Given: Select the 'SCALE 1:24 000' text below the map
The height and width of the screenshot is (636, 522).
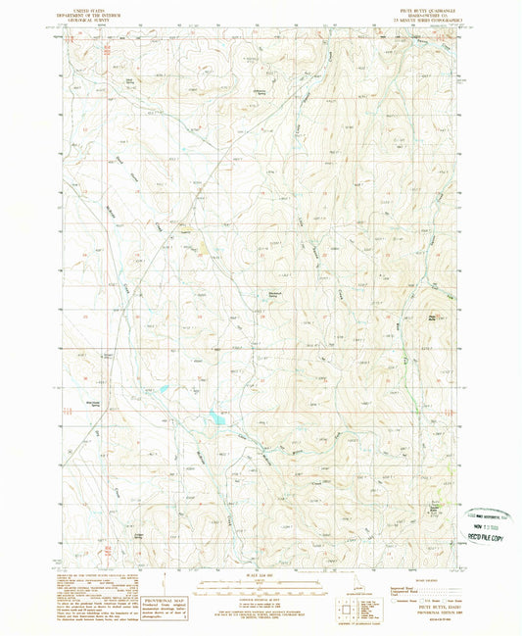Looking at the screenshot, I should point(260,575).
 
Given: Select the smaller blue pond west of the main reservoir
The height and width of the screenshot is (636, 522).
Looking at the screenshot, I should point(163,389).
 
